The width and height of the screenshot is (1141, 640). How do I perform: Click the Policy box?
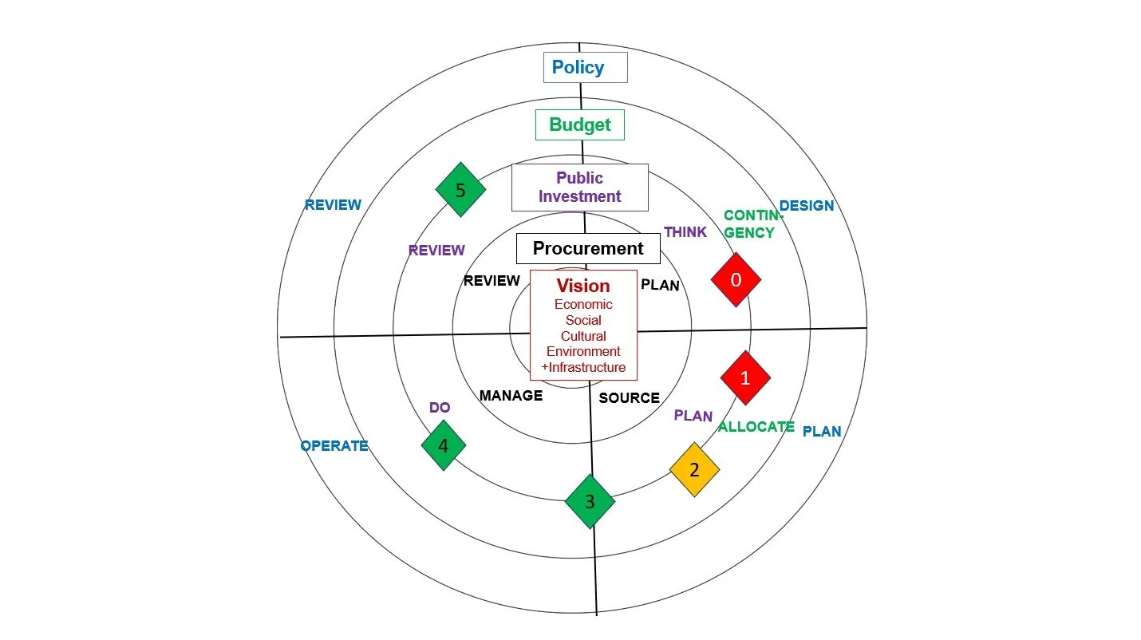(585, 68)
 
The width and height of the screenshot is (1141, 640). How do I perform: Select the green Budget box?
(579, 124)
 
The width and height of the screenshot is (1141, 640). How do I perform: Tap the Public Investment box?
(579, 187)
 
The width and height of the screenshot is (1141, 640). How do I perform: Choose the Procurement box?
(588, 248)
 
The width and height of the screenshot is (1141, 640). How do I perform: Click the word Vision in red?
(583, 286)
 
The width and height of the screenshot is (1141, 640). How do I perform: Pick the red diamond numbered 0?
(736, 279)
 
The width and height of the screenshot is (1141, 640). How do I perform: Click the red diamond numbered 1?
(745, 378)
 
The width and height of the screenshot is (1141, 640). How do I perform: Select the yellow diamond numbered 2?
(694, 470)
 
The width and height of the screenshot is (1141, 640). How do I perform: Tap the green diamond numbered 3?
(590, 502)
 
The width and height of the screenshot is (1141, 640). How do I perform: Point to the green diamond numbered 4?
(444, 446)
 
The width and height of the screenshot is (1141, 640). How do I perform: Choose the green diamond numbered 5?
(460, 190)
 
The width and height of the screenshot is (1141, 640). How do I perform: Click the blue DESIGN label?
(806, 206)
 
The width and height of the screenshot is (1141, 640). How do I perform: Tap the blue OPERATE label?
(334, 446)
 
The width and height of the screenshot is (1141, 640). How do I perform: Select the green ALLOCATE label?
(756, 427)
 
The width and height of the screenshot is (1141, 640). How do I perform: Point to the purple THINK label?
(685, 232)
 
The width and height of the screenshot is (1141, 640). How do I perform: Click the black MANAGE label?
(511, 395)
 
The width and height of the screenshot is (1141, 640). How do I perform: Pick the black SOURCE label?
(629, 397)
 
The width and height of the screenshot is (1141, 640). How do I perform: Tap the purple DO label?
(440, 407)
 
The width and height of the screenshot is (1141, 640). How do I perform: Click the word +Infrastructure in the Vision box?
(583, 368)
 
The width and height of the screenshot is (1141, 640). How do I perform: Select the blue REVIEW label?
(333, 205)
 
